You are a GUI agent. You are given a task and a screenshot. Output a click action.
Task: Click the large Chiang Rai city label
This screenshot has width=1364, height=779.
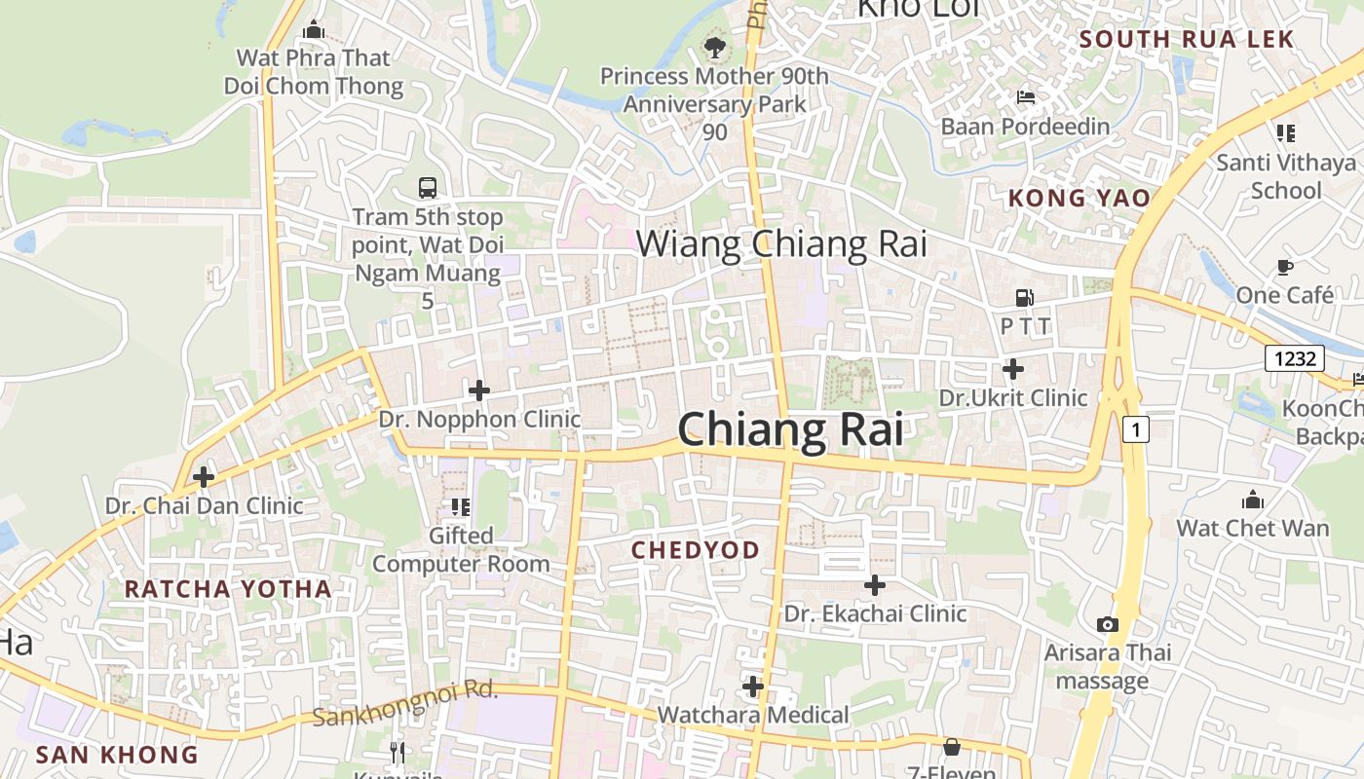pos(790,429)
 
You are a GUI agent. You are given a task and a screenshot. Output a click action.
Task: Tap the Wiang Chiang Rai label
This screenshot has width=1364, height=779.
pos(781,243)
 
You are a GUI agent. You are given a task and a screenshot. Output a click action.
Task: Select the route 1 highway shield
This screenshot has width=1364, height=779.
pos(1135,427)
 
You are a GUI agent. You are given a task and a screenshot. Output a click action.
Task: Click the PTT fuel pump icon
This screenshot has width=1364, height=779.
pos(1024,298)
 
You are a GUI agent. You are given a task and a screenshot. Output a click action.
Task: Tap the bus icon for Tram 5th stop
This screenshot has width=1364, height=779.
pos(427,187)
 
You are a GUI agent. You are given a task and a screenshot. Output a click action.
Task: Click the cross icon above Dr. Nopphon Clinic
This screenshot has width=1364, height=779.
pos(478,390)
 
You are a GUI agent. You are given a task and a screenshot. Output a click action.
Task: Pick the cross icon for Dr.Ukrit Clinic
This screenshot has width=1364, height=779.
pos(1013,369)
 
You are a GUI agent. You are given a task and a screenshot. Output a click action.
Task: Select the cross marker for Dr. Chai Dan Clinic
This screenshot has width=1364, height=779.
pos(204,477)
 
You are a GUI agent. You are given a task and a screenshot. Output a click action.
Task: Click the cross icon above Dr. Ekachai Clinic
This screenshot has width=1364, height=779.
pos(875,585)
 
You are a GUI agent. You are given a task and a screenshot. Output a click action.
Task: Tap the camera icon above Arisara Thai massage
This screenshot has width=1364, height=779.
pos(1108,624)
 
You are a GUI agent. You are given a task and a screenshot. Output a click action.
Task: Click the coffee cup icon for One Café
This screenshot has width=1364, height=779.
pos(1284,266)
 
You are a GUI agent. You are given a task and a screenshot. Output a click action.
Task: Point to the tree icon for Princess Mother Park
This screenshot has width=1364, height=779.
pos(714,46)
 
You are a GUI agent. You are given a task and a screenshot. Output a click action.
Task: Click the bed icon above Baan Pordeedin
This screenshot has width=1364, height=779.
pos(1025,96)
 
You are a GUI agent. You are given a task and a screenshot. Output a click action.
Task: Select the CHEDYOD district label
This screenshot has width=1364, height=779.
pos(695,550)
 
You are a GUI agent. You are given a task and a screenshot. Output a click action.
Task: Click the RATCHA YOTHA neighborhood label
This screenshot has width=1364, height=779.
pos(228,588)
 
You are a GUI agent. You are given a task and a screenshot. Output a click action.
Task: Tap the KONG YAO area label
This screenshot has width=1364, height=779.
pos(1079,198)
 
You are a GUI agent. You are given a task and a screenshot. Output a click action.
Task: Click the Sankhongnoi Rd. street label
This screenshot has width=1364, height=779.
pos(405,703)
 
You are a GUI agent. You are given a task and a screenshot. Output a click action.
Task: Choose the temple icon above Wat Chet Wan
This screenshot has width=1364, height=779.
pos(1253,500)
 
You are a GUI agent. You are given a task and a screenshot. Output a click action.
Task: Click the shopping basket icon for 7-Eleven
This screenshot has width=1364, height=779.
pos(952,747)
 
